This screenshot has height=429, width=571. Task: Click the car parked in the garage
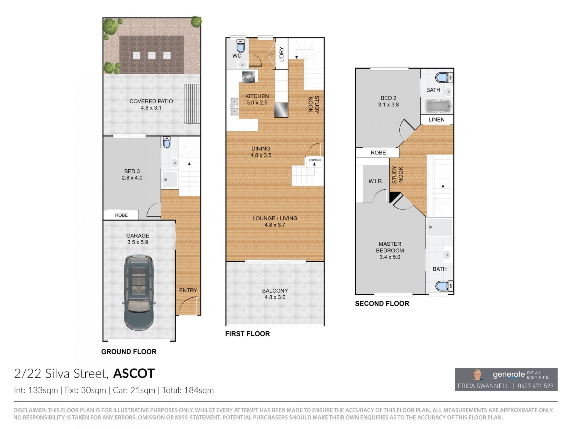coord(139,293)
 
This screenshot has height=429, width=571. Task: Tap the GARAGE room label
coord(138,236)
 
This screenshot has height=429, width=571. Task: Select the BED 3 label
coord(132,171)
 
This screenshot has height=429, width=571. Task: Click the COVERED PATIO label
coord(151,101)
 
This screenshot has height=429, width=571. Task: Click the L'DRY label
coord(282,54)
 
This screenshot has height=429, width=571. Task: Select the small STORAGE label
coord(315,160)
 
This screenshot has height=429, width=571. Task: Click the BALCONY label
coord(275,291)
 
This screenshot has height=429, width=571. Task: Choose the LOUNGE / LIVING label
coord(275,218)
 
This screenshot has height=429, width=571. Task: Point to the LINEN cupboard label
coord(437,120)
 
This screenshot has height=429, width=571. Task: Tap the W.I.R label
coord(375,181)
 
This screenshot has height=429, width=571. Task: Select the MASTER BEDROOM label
coord(390,247)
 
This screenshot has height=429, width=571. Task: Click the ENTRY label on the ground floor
coord(188,290)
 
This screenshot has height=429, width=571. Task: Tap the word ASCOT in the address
coord(134,373)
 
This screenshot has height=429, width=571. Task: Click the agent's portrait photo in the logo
coord(477,375)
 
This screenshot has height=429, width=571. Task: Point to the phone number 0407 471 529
coord(536,386)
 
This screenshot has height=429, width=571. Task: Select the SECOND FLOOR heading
coord(382,304)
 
